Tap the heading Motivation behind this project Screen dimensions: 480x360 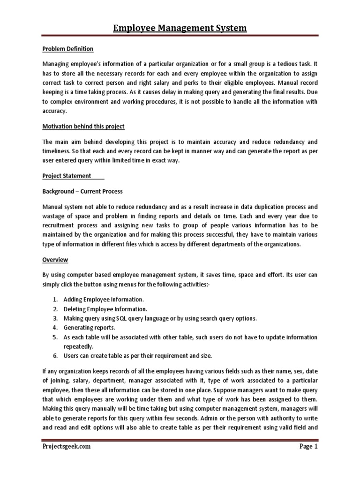[x=83, y=127]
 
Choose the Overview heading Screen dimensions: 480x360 [x=55, y=259]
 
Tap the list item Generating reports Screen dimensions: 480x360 [x=86, y=328]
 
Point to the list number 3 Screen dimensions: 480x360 [x=55, y=318]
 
